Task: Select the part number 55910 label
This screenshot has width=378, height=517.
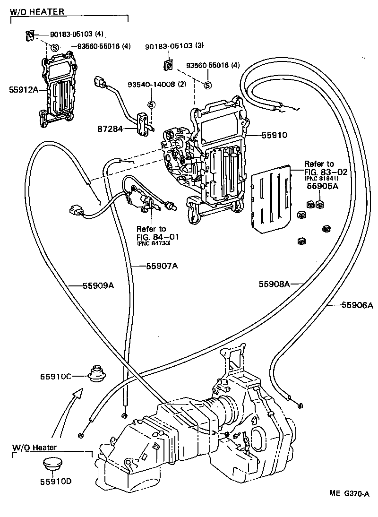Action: tap(275, 135)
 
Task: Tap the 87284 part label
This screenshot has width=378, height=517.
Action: tap(110, 129)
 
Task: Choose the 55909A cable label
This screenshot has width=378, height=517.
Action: tap(98, 285)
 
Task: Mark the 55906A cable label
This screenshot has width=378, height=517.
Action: tap(357, 305)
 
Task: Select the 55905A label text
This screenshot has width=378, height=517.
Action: tap(322, 186)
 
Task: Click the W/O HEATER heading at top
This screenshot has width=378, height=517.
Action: tap(37, 11)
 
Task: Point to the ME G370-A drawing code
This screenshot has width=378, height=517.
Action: tap(349, 493)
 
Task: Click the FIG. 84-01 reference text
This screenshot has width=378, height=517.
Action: tap(151, 236)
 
